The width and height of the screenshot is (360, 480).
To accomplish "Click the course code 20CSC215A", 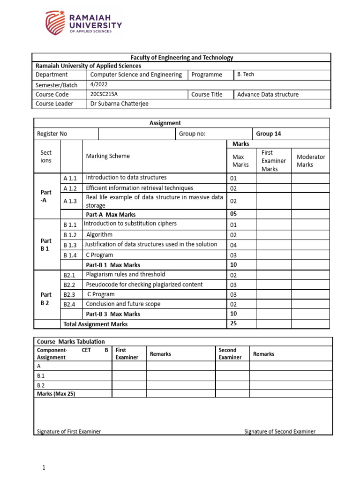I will coord(104,94).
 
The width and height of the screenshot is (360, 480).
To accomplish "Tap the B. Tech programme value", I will coord(246,75).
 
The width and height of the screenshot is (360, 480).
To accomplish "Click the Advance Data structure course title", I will coord(268,94).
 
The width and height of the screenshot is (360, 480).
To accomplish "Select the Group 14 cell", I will coord(269,134).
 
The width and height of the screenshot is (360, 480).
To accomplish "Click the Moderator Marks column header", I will coord(311,161).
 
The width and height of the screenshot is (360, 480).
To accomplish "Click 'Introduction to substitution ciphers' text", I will coord(130,224).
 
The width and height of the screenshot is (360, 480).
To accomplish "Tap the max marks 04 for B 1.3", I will coord(233,245).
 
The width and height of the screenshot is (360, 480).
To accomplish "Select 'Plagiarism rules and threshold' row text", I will coord(125,275).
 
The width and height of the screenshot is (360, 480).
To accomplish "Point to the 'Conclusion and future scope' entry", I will coord(123,304).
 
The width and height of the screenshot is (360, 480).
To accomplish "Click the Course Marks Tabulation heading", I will coord(71,342).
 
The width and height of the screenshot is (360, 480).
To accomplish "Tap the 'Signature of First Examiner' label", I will coord(68,431).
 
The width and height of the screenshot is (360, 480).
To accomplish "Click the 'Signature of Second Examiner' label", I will coord(280,431).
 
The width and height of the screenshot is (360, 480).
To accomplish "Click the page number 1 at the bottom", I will coord(44,468).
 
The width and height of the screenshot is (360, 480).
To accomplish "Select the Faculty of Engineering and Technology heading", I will coord(182,58).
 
